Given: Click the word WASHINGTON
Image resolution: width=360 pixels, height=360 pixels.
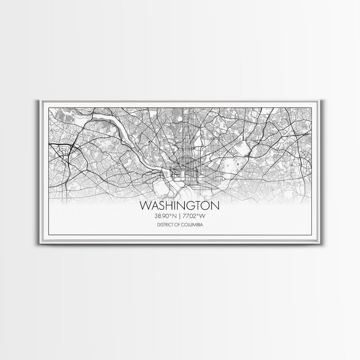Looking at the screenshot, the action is [180, 206].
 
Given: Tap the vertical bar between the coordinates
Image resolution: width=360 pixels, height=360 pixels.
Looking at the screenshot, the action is [180, 216].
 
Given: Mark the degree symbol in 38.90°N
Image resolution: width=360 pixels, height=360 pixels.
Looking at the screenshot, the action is [170, 215].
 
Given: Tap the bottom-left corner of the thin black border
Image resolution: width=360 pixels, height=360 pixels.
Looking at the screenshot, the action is [48, 235].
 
